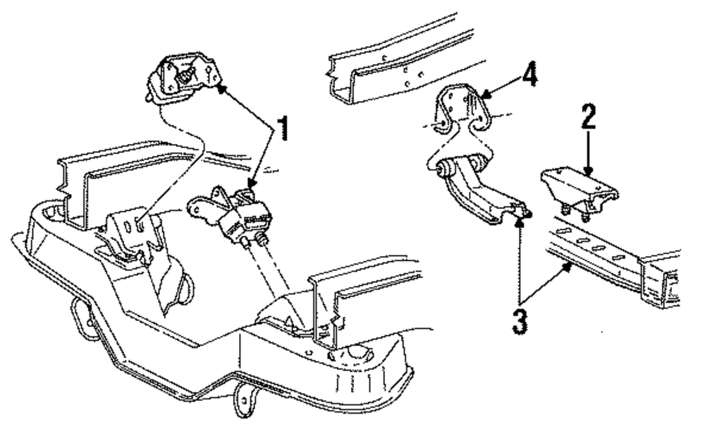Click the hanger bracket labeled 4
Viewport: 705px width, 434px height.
click(460, 112)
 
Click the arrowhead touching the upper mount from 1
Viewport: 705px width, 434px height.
click(219, 88)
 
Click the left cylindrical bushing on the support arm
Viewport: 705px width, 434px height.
click(446, 169)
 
